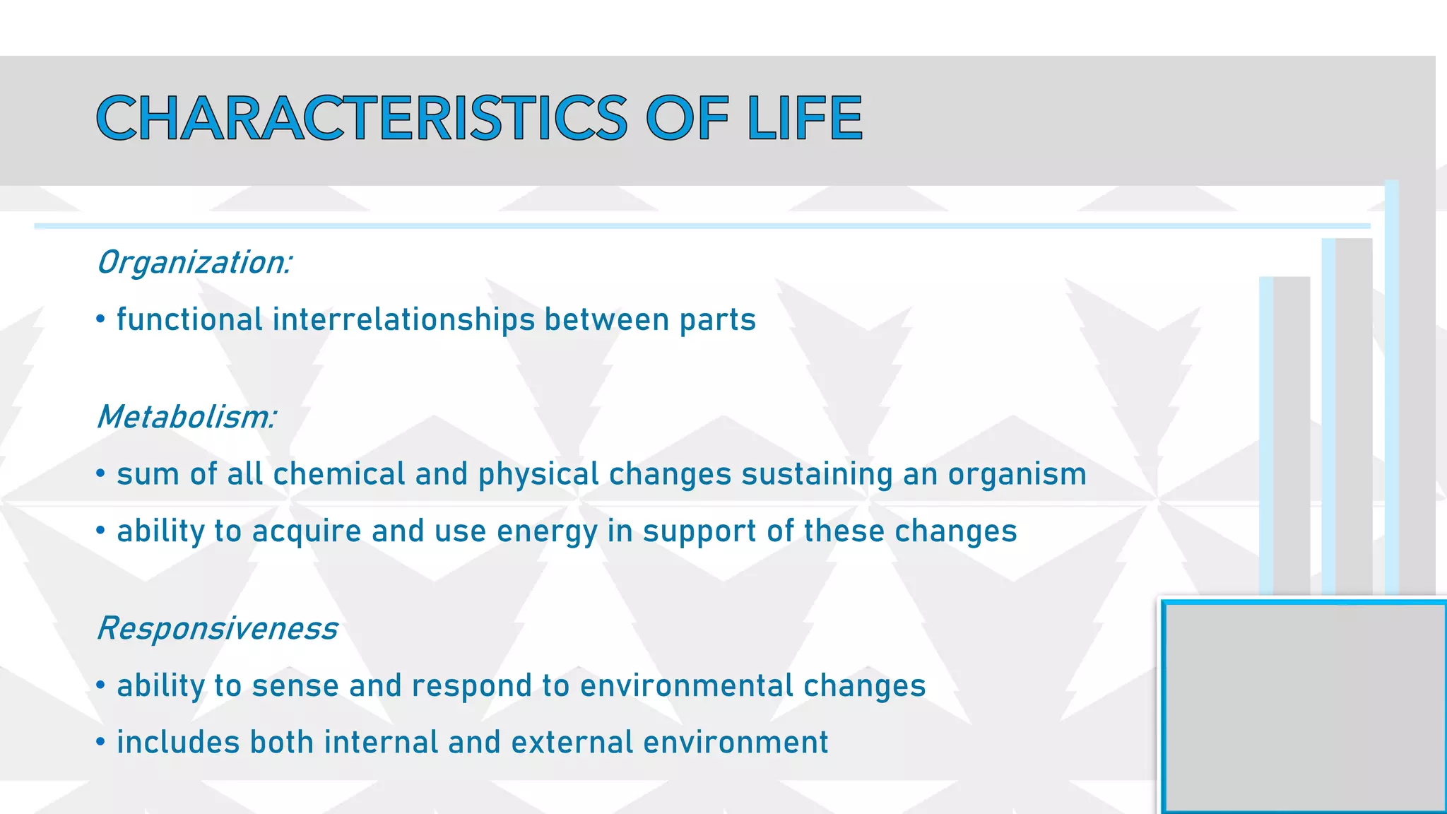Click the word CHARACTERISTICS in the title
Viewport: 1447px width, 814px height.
[361, 118]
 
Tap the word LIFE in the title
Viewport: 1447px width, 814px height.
[805, 118]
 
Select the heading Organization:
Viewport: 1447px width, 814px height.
[194, 263]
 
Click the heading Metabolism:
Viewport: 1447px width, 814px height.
[186, 417]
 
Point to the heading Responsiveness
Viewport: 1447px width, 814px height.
[217, 628]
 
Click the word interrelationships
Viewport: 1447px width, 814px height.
[403, 319]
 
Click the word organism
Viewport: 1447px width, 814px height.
[1017, 475]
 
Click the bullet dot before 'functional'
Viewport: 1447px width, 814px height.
[101, 319]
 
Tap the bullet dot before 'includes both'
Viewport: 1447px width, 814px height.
[101, 743]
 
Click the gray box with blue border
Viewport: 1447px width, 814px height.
[1304, 707]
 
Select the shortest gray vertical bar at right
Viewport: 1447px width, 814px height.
[1290, 435]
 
